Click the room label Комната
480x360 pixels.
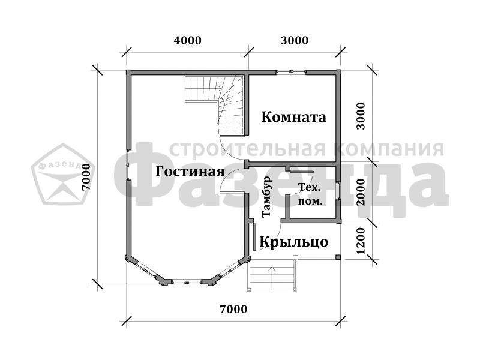click(x=293, y=117)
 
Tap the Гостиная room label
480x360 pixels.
click(x=190, y=172)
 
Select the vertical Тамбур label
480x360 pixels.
click(x=266, y=197)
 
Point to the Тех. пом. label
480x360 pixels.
click(x=310, y=194)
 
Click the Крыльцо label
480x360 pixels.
click(x=294, y=242)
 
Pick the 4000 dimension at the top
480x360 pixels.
click(x=187, y=40)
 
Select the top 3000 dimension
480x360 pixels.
click(x=295, y=40)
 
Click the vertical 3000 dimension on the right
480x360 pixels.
click(x=361, y=116)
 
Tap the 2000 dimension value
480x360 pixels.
click(x=361, y=192)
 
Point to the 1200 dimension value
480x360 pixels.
click(x=361, y=241)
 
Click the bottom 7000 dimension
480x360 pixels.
click(x=233, y=309)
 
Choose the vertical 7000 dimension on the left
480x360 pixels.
click(x=86, y=177)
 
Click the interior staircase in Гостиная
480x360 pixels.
click(x=215, y=104)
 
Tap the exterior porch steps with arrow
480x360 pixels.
click(x=272, y=275)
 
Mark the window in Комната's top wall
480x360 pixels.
click(x=291, y=72)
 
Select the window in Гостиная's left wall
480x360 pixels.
click(x=128, y=164)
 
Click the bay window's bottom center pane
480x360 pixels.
click(x=187, y=281)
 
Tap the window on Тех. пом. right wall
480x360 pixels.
click(x=338, y=191)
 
